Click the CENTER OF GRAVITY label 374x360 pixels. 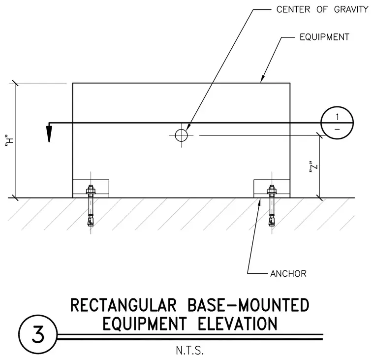(x=322, y=9)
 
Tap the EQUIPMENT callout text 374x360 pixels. (x=324, y=37)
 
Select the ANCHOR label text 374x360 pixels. (x=288, y=274)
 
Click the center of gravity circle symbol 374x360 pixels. (x=181, y=135)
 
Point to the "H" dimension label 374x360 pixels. (x=10, y=141)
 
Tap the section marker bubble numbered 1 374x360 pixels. (x=337, y=123)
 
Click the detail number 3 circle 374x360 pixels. (x=38, y=334)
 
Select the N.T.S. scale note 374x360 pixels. (x=190, y=351)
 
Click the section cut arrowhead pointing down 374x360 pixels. (x=49, y=133)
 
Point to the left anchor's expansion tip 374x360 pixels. (x=91, y=221)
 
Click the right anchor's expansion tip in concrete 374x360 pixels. (x=272, y=221)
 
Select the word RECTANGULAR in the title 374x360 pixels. (x=124, y=305)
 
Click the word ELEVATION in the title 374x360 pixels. (x=238, y=324)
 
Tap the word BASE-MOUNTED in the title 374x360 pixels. (x=249, y=305)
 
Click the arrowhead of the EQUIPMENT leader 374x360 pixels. (x=262, y=79)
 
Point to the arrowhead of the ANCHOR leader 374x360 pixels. (x=259, y=202)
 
